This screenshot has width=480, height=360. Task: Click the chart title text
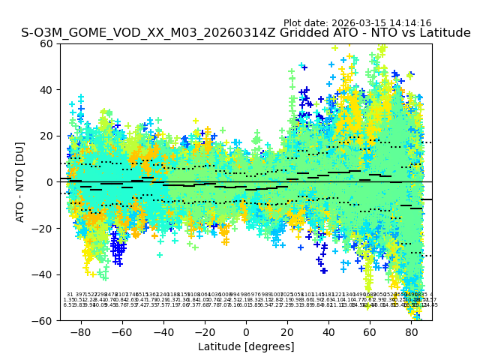(x=245, y=33)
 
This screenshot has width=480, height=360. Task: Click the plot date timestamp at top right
(x=357, y=23)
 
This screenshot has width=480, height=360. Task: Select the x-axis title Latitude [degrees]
(x=245, y=346)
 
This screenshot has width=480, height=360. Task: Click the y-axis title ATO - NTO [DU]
(x=20, y=182)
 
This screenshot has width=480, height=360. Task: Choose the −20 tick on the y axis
(x=46, y=228)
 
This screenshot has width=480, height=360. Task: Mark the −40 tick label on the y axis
(x=46, y=274)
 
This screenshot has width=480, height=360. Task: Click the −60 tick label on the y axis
(x=46, y=320)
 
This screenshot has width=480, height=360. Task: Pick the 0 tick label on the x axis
(x=246, y=331)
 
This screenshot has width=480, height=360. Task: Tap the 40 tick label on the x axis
(x=329, y=331)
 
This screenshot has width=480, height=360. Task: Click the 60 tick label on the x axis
(x=370, y=331)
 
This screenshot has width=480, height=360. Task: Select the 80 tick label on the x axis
(x=412, y=331)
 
